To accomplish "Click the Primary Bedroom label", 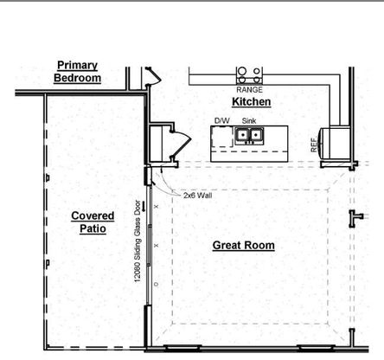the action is (77, 72).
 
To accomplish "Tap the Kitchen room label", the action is (252, 102).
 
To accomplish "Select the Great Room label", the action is (244, 246).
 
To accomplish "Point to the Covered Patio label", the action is (93, 222).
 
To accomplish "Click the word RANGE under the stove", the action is (250, 90).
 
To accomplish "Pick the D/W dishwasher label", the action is (222, 120).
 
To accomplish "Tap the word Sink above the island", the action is (249, 120).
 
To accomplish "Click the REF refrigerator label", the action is (314, 145).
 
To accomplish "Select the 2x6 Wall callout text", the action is (198, 196).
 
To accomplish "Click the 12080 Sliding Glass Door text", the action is (138, 241).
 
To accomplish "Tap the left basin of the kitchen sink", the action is (243, 134).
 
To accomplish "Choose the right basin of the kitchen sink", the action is (255, 134).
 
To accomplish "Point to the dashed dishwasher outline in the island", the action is (222, 137).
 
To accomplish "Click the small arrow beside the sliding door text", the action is (144, 206).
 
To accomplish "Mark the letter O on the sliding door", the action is (157, 284).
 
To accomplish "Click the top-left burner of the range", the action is (242, 71).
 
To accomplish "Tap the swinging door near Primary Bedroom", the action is (154, 76).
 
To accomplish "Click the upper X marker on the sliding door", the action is (157, 207).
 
